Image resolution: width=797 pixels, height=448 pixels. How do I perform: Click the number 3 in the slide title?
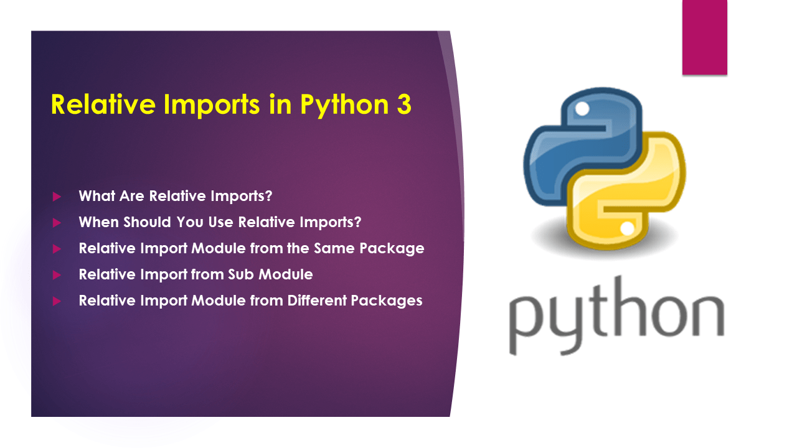point(403,105)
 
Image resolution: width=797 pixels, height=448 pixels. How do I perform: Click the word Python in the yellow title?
point(344,105)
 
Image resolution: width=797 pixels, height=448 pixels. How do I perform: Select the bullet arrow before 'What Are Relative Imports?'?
point(57,197)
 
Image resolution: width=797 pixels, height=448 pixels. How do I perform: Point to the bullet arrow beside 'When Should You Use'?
point(57,222)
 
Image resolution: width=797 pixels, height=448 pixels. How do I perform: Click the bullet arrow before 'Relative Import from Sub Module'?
point(57,274)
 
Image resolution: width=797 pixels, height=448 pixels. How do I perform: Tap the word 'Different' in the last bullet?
point(318,301)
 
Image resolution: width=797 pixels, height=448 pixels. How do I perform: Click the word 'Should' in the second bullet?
point(149,222)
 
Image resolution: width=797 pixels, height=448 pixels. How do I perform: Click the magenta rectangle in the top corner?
point(704,37)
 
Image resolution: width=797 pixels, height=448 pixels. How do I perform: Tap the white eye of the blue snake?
point(582,110)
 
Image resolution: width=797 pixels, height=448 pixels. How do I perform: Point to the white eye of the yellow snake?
point(628,229)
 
